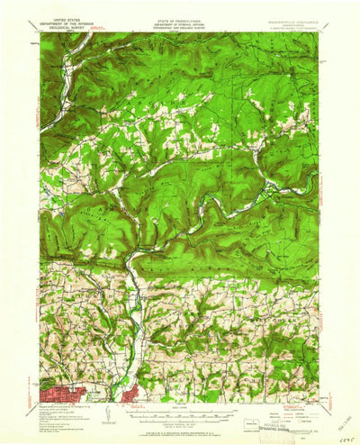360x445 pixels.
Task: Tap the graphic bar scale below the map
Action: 179,411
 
